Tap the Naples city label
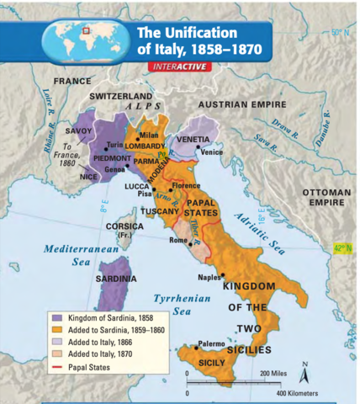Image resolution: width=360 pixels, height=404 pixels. [209, 276]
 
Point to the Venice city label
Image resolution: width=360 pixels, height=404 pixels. [211, 152]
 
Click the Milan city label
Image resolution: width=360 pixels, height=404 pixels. [149, 135]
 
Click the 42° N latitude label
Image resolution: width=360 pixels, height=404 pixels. [341, 247]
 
